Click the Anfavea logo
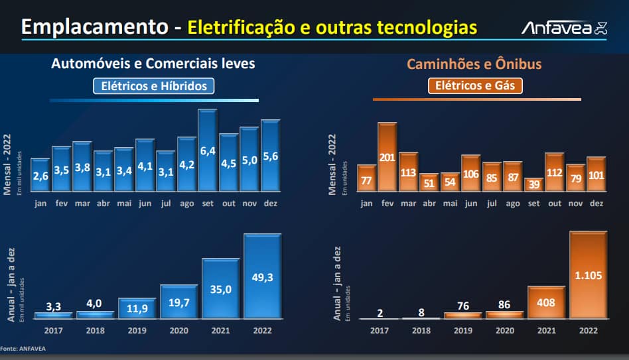564,28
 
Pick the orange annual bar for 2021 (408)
547,303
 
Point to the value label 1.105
589,275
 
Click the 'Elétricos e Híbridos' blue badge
153,86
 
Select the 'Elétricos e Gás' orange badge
475,86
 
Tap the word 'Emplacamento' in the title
95,27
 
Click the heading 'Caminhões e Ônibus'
474,64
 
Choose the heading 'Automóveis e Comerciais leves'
153,64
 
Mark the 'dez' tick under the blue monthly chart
269,204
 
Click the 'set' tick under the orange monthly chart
533,204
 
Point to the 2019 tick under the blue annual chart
137,330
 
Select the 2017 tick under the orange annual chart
380,330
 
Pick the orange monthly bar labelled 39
533,185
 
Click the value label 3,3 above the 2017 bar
54,306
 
